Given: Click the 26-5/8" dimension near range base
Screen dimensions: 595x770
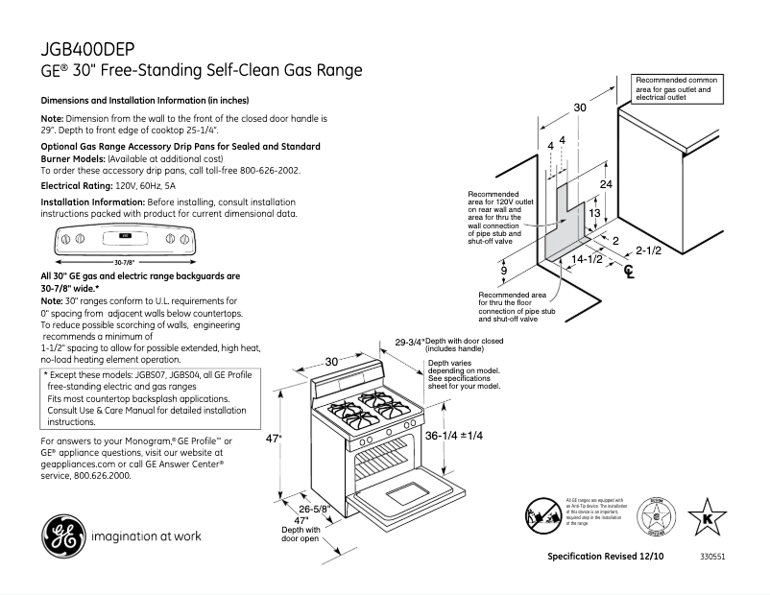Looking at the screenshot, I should point(316,509).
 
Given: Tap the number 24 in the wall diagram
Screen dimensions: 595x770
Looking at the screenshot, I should point(606,183).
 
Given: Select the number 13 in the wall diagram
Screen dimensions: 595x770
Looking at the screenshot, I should point(594,213).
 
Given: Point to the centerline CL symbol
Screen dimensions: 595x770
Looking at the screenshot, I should point(629,273).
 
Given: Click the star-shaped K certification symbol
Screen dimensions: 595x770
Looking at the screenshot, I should point(708,515).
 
